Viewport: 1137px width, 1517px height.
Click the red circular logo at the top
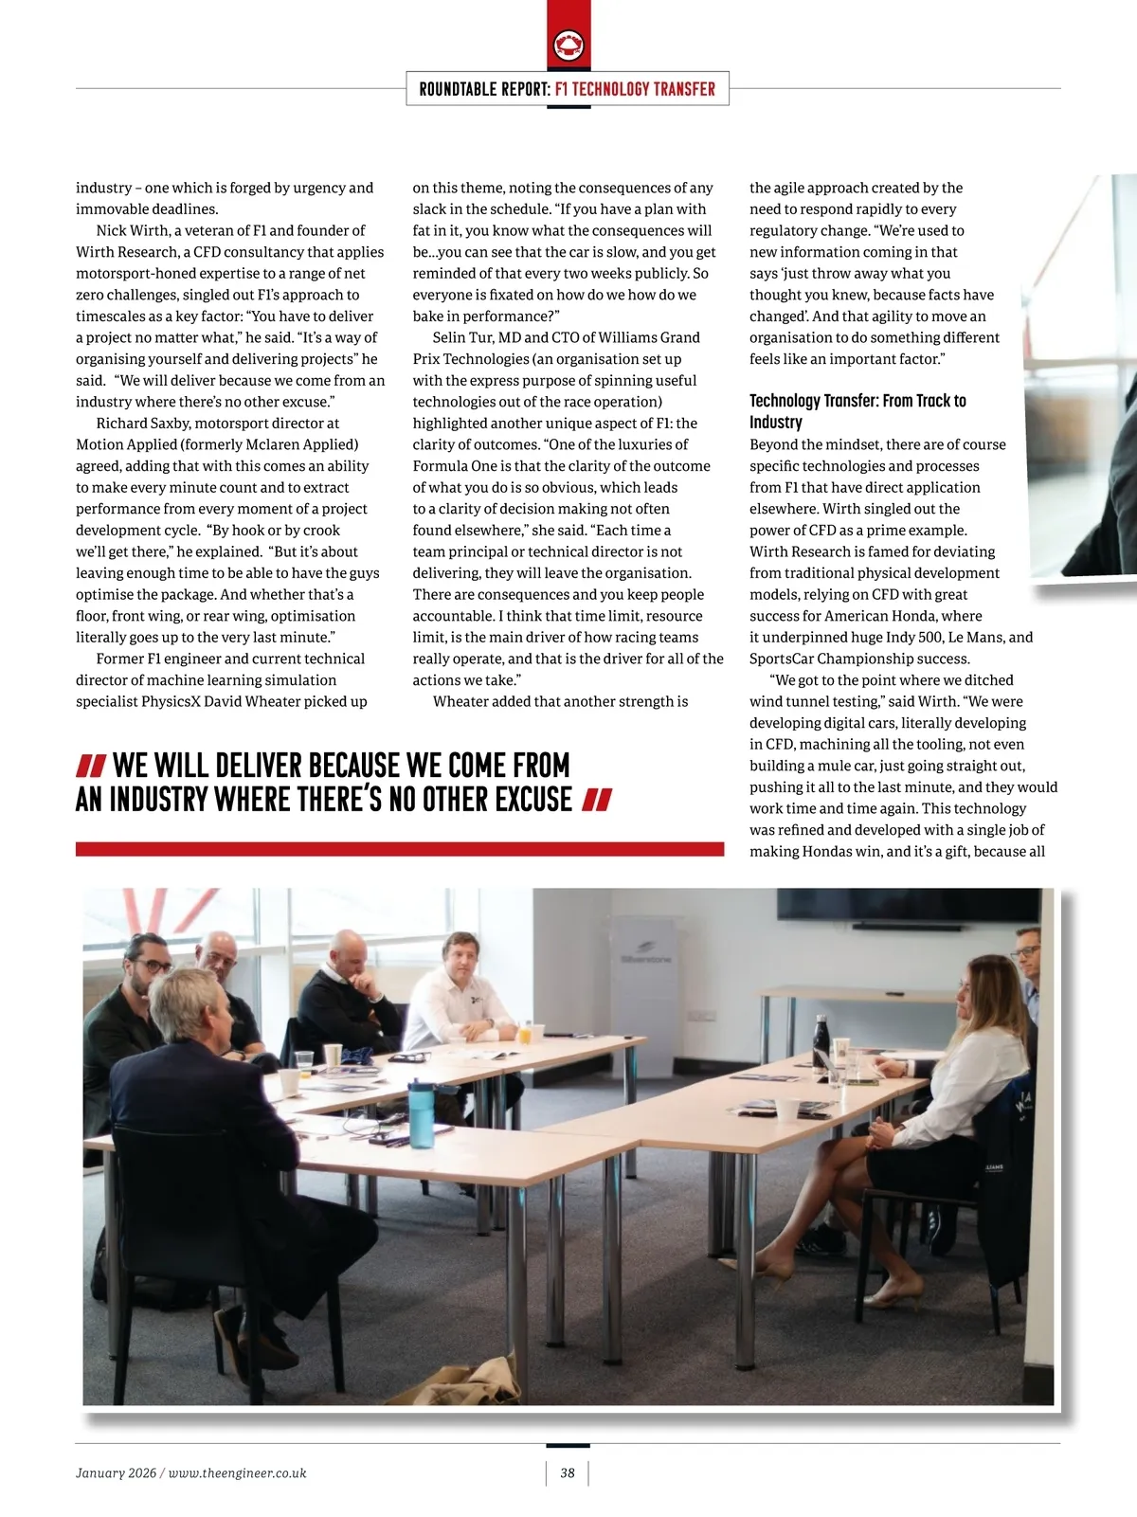tap(568, 45)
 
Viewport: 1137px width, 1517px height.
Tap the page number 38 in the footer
tap(568, 1472)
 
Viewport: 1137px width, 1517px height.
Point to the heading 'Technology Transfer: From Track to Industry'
tap(857, 411)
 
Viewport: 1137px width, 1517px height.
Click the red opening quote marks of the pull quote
tap(91, 766)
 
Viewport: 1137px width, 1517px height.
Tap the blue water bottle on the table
tap(422, 1113)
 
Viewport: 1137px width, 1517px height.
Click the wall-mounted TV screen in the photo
tap(908, 905)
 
